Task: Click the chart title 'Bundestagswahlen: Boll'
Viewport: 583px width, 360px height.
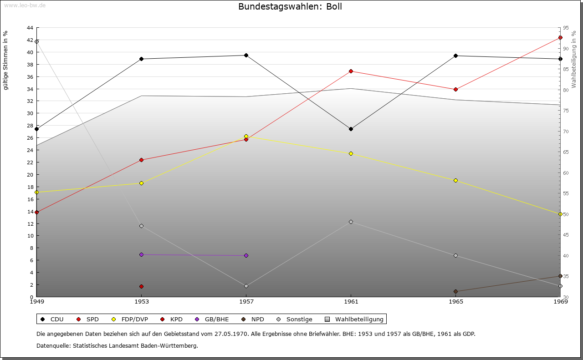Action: [290, 6]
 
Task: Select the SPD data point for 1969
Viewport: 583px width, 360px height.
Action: [560, 37]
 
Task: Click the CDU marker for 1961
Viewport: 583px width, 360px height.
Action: [351, 129]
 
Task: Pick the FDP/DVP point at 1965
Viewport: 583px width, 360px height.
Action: [455, 180]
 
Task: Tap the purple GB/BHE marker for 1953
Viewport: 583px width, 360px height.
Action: [141, 254]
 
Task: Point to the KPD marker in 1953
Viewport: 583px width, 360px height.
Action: [141, 286]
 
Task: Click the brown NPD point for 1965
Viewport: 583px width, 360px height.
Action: [455, 291]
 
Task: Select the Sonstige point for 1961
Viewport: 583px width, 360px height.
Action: [351, 222]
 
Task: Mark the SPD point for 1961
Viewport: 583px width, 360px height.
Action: [351, 71]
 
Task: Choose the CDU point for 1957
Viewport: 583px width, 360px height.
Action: [246, 55]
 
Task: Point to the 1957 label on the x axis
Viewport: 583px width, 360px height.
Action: [246, 301]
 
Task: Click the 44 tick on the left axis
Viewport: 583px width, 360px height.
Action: [30, 28]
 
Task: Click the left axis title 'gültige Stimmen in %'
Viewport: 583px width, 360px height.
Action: [5, 61]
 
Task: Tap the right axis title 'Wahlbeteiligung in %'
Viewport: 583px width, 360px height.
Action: [574, 59]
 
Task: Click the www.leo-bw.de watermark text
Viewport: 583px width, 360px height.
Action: [25, 5]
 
